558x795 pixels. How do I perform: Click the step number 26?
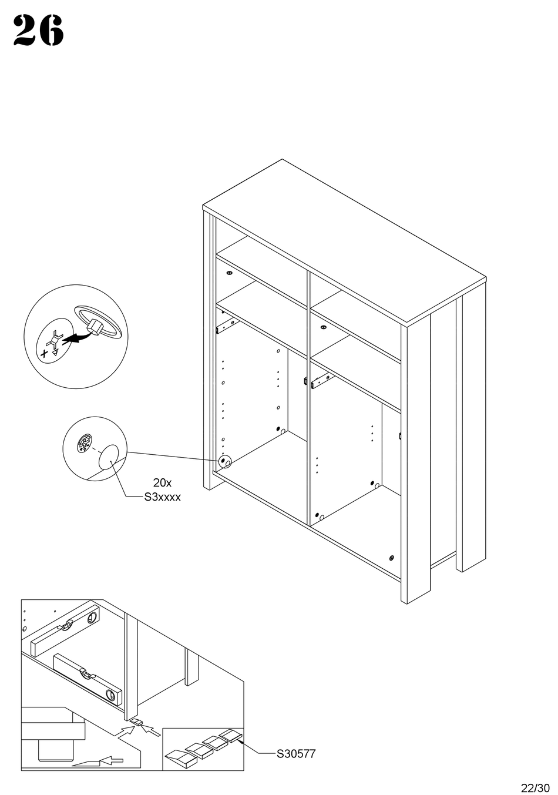point(38,31)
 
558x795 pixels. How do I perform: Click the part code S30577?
point(296,753)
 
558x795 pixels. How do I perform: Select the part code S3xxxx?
point(163,497)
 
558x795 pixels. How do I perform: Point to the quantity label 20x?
point(162,483)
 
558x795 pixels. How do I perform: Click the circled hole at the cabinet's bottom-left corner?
point(224,462)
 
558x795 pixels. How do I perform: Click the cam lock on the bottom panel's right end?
point(391,558)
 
